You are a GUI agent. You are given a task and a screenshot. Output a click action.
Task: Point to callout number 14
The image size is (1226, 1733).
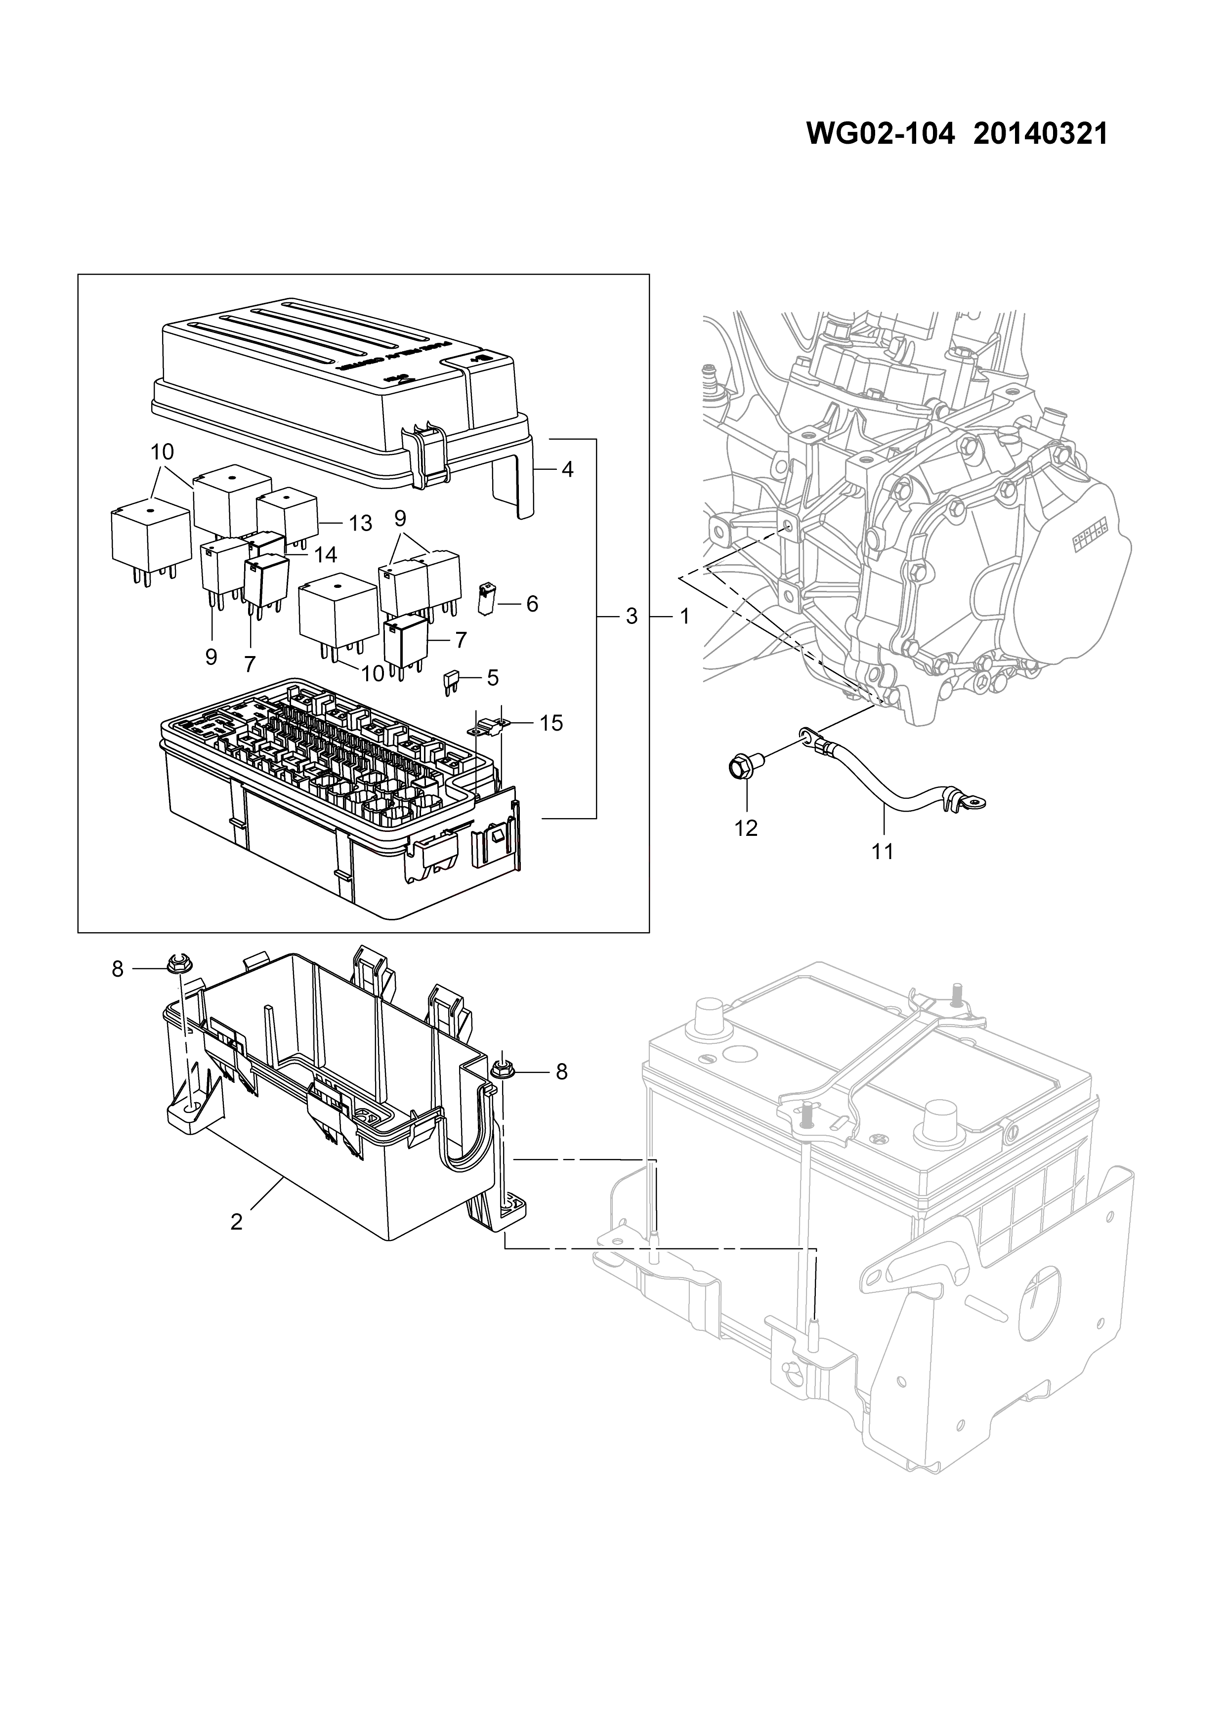point(325,555)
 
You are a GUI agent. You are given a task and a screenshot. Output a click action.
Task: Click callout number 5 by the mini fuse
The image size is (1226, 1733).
point(492,677)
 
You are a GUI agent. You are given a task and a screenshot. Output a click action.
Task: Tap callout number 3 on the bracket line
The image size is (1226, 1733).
point(632,617)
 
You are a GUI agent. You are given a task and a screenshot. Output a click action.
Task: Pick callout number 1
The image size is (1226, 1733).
point(684,617)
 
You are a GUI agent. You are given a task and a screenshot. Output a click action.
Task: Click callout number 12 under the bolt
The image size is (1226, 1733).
point(746,828)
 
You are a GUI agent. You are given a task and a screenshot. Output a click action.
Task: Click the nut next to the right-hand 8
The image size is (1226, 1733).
point(500,1071)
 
